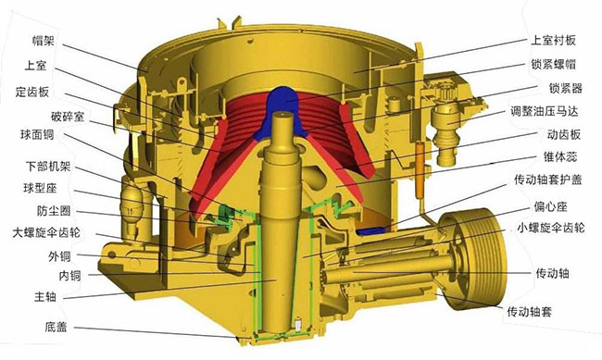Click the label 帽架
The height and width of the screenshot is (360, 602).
point(44,42)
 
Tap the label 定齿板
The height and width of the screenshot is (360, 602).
point(32,92)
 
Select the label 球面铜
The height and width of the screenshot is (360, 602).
point(38,135)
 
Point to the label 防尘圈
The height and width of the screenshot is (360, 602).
point(54,211)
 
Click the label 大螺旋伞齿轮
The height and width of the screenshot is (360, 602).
point(47,232)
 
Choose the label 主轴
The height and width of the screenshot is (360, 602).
point(45,297)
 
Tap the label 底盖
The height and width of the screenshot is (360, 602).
point(56,327)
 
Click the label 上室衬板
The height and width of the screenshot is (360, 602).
point(553,41)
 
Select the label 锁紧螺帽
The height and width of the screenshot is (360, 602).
point(553,64)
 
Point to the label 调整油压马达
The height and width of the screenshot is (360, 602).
point(544,111)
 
